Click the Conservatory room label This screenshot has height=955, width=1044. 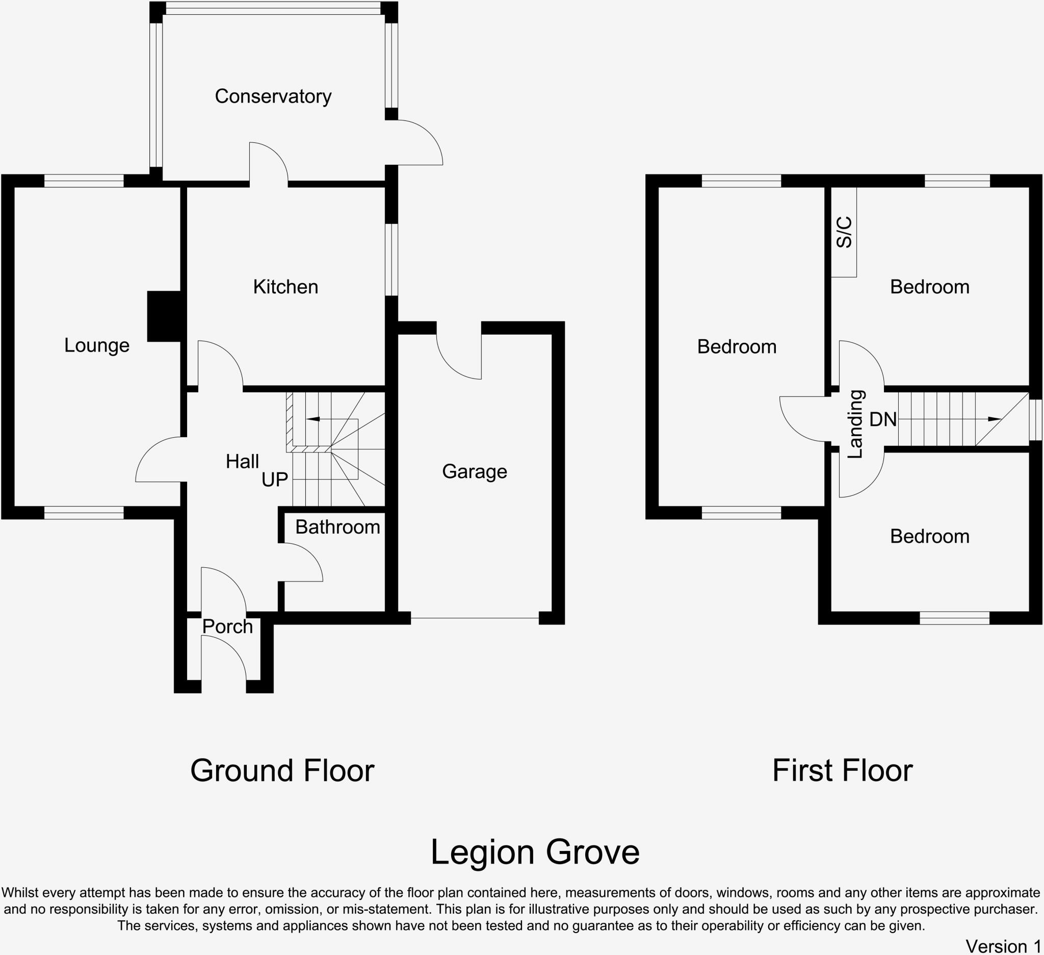coord(273,96)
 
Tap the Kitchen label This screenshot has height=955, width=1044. coord(285,287)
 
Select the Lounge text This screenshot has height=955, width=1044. coord(97,345)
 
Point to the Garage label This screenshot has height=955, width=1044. coord(475,471)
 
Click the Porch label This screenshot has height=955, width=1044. coord(227,626)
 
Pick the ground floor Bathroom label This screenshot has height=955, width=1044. coord(337,527)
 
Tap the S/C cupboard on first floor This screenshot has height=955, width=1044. coord(844,232)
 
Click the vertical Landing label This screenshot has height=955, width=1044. coord(855,424)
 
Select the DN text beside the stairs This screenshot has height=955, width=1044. coord(883,419)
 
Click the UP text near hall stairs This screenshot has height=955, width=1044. coord(274,480)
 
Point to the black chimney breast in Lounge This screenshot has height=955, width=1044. coord(164,316)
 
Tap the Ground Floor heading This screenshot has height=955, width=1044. coord(282,770)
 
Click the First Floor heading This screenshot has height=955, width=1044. coord(843,770)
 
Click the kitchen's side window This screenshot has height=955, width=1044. coord(392,260)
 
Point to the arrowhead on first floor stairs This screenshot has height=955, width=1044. coord(994,419)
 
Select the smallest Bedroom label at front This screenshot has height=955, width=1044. coord(929,536)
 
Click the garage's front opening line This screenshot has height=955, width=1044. coord(475,618)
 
